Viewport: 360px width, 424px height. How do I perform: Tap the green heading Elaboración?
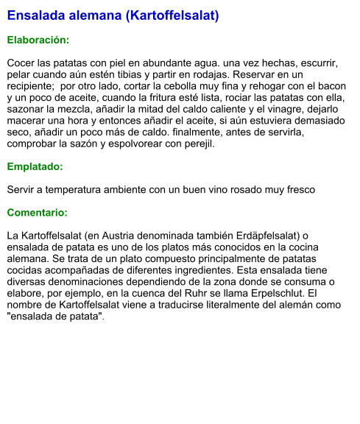(38, 40)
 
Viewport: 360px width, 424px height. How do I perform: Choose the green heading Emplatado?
(35, 166)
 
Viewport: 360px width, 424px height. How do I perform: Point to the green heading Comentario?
(38, 213)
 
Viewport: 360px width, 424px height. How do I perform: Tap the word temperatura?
(82, 190)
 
